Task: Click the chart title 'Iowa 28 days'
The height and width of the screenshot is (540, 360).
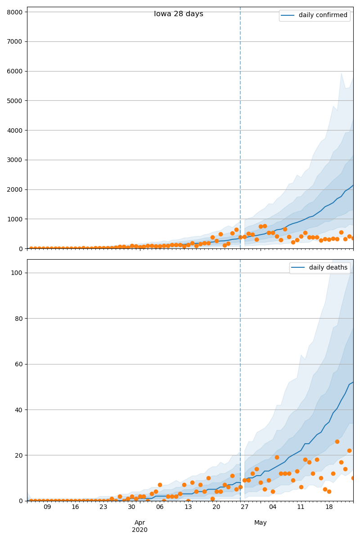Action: [179, 14]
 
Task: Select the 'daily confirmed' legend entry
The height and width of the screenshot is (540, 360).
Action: [323, 15]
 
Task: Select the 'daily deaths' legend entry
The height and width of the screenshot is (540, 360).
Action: [328, 268]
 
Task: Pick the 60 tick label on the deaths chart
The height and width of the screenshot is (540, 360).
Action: [18, 364]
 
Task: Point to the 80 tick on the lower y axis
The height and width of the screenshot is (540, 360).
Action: [18, 319]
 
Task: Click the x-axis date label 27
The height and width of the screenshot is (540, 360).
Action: [244, 507]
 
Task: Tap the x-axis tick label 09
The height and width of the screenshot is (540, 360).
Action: [47, 507]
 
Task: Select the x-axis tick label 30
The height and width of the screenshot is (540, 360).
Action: [131, 507]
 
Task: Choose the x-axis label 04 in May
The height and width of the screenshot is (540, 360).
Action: [273, 507]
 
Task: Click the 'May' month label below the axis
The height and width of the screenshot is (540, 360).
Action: [261, 523]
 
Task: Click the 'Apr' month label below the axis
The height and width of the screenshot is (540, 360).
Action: [139, 523]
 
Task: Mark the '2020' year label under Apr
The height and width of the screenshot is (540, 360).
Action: [139, 530]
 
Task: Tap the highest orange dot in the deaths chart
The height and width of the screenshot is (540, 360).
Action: [337, 441]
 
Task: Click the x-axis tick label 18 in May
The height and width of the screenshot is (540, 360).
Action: [329, 507]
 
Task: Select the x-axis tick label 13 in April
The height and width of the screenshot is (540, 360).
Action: [188, 507]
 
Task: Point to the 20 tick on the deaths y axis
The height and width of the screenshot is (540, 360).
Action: [18, 455]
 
